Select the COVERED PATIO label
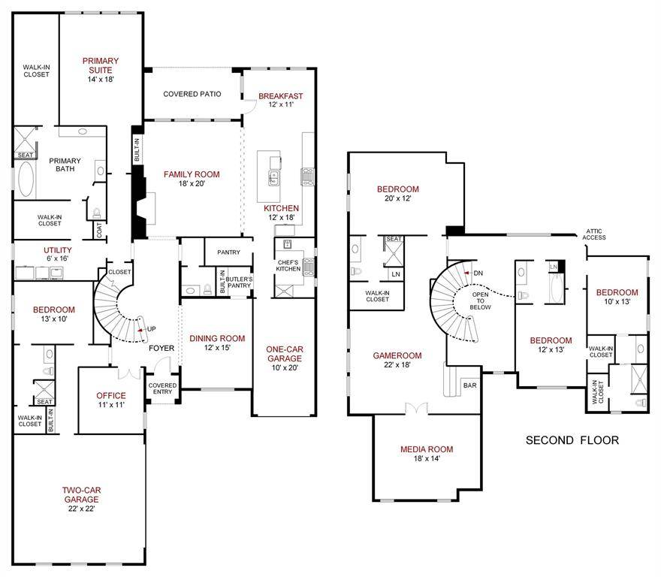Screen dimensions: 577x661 click(x=192, y=94)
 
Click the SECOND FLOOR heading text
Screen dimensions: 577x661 click(x=572, y=440)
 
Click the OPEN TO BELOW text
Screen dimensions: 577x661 click(x=481, y=301)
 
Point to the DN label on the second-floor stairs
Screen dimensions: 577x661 click(x=477, y=273)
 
